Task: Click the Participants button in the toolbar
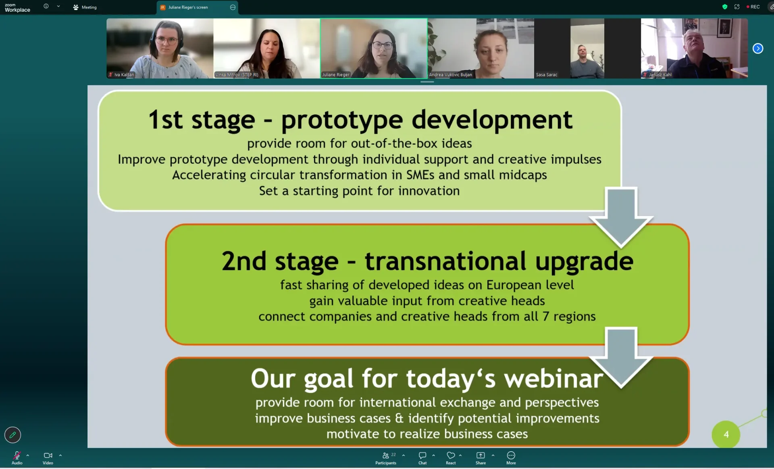click(x=386, y=458)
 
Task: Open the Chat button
click(x=422, y=458)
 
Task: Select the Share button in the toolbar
click(x=481, y=458)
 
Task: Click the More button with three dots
click(x=511, y=458)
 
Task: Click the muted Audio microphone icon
click(x=17, y=455)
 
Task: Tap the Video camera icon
click(x=48, y=455)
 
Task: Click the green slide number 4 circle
click(x=726, y=434)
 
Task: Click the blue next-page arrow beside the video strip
click(x=758, y=48)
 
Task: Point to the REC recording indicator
click(x=753, y=7)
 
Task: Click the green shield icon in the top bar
click(x=725, y=7)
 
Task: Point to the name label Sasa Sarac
click(x=547, y=75)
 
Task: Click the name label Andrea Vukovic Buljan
click(x=450, y=75)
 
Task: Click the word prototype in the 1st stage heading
click(x=342, y=120)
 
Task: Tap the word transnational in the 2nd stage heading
click(x=445, y=261)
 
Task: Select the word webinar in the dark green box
click(x=553, y=379)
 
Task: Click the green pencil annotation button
click(x=12, y=435)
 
